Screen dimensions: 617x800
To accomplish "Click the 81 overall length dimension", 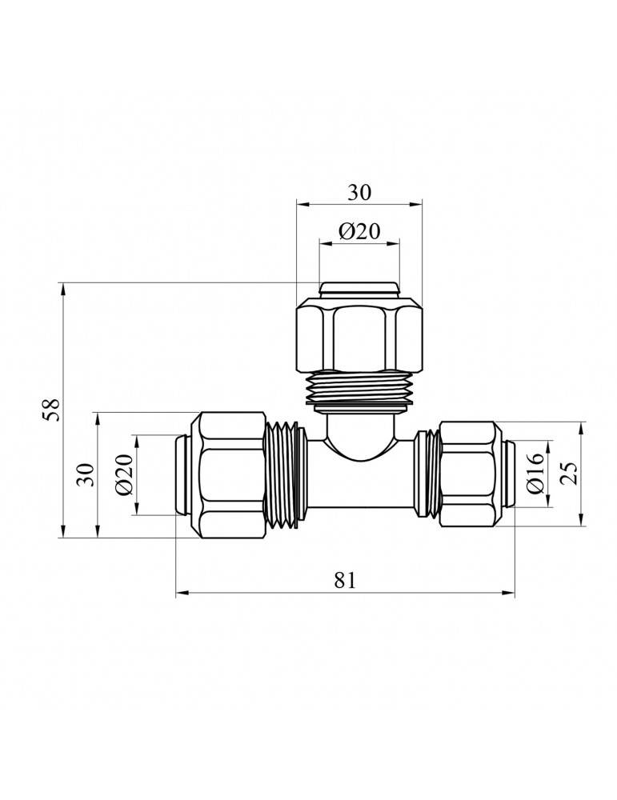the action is coord(344,580).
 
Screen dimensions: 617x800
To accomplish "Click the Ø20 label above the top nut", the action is coord(360,232).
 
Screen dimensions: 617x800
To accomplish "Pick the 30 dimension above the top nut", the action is coord(360,193).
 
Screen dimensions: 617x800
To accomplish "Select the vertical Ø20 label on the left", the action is coord(124,474).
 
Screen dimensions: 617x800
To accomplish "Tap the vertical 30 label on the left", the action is coord(87,474).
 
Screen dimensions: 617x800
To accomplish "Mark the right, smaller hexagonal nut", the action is coord(467,474).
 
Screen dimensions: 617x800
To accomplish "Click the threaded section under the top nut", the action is coord(360,388).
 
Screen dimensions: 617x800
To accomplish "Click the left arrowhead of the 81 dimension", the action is coord(182,594).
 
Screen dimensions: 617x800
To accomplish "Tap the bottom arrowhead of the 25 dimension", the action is coord(582,519).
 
